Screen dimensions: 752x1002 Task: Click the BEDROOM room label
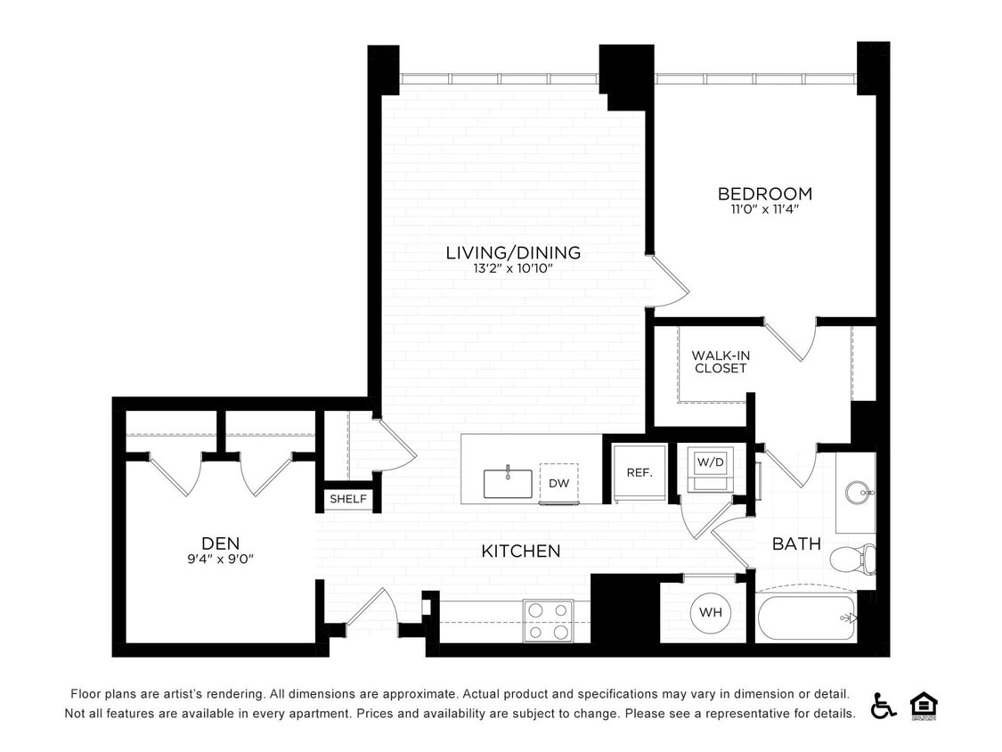pos(764,193)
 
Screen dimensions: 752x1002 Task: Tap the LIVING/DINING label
pos(513,253)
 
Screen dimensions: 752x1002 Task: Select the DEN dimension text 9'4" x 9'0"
pos(220,560)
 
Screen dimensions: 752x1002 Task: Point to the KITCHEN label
pos(521,552)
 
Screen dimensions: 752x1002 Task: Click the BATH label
pos(796,544)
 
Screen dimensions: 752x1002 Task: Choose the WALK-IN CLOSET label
pos(721,362)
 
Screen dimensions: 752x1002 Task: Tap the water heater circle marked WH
pos(710,612)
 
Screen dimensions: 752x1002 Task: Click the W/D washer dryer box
pos(710,463)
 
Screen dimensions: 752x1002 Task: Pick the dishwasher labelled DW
pos(558,483)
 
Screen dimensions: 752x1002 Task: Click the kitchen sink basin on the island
pos(508,484)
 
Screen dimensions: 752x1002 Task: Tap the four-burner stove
pos(547,621)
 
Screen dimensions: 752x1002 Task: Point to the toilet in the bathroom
pos(851,559)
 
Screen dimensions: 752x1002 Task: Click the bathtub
pos(806,617)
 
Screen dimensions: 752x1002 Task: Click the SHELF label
pos(348,499)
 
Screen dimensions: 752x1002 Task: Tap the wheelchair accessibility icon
pos(884,705)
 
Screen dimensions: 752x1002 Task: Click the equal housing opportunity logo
pos(923,705)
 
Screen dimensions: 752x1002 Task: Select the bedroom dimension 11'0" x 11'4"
pos(764,210)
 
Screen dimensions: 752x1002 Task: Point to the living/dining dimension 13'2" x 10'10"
pos(513,268)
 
